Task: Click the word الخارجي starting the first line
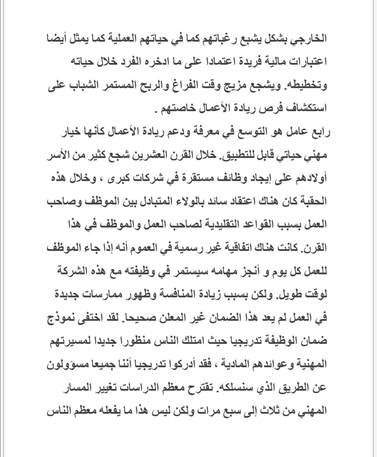[306, 38]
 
